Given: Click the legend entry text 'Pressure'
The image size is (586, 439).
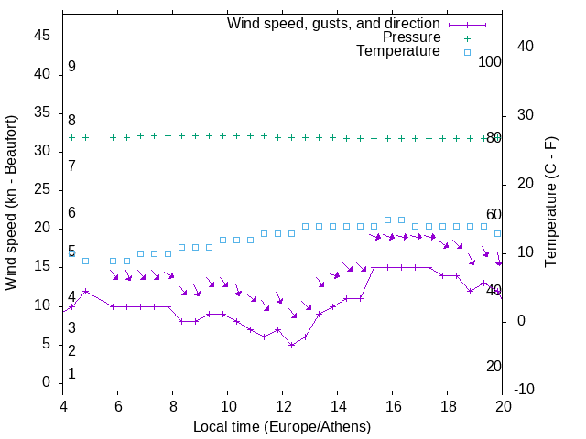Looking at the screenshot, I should [411, 37].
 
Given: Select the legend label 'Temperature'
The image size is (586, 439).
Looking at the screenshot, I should [398, 51].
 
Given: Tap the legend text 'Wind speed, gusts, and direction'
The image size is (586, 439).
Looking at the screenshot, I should [334, 23].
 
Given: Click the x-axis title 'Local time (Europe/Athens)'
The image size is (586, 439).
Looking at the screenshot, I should [282, 427].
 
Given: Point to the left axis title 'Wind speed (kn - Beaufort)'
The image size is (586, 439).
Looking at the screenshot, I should [12, 203].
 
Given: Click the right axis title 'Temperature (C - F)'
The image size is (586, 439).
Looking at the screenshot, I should [550, 203].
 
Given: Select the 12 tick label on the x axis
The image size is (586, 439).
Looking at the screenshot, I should [283, 407].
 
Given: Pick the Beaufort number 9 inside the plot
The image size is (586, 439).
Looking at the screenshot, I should [71, 67].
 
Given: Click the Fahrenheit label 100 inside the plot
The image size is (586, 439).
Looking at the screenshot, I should [490, 61].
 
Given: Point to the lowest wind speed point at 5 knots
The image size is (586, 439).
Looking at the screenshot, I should [291, 345].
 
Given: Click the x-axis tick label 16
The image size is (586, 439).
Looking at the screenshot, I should [393, 407].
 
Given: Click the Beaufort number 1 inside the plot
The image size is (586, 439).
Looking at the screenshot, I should [71, 374].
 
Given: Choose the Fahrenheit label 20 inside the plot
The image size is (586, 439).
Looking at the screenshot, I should [494, 366].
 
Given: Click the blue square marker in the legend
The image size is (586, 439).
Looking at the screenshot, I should [467, 52].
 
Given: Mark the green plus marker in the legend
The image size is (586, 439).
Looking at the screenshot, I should [467, 38].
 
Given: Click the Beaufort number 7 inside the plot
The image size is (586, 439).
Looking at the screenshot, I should [71, 166].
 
